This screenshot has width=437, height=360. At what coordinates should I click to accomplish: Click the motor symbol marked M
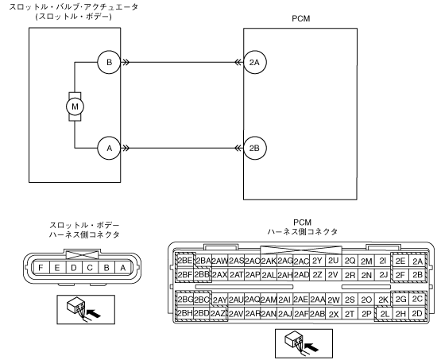coord(75,106)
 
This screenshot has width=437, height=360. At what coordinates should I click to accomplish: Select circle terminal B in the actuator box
coord(109,62)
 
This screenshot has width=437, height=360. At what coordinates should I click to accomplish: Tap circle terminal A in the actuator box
coord(109,148)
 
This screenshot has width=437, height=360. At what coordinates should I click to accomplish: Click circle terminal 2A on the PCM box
coord(255,62)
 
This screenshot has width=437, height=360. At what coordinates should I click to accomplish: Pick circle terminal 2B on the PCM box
coord(255,148)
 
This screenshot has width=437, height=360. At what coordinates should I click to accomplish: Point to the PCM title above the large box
coord(300,19)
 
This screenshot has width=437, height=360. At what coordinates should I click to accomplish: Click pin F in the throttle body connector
coord(41,268)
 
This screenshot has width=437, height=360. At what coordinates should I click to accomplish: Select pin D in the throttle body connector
coord(74,268)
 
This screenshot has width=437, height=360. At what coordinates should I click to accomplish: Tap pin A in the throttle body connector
coord(123,268)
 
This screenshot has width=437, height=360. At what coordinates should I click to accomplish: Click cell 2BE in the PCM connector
coord(185,261)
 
